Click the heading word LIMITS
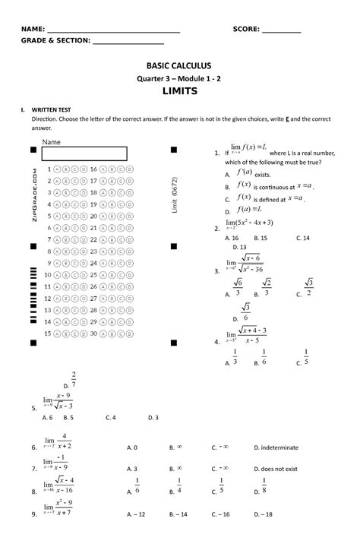point(180,91)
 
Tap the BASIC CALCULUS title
point(180,66)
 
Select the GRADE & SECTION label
point(55,42)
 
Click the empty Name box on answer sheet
point(84,153)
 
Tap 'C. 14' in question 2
point(302,237)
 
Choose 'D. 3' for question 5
point(153,417)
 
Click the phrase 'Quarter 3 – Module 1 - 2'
point(180,78)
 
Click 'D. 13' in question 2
point(238,247)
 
